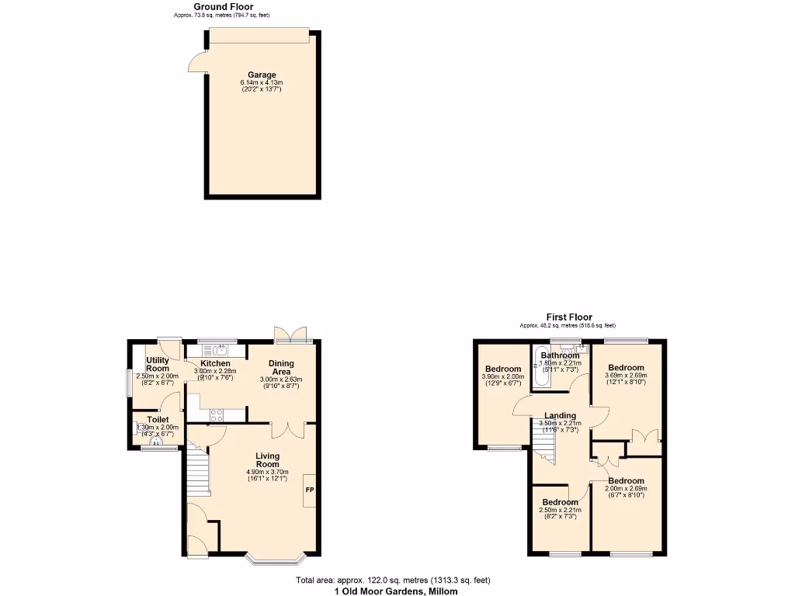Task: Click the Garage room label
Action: [x=262, y=75]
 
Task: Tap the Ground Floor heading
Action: [x=223, y=7]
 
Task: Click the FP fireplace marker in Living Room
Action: [x=309, y=490]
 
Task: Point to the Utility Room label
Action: [x=158, y=365]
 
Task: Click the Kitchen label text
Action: [x=215, y=363]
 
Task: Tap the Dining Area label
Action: [x=280, y=368]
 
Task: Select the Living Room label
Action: [x=267, y=459]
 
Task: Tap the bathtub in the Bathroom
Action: [x=540, y=368]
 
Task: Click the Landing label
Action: [x=560, y=416]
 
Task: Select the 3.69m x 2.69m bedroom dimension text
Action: [x=626, y=376]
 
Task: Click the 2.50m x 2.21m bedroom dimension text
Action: [x=560, y=510]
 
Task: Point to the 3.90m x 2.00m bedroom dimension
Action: [x=502, y=376]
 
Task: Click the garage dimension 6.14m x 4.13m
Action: [x=262, y=83]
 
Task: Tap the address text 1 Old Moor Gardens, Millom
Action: [x=396, y=591]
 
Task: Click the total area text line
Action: [x=393, y=580]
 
